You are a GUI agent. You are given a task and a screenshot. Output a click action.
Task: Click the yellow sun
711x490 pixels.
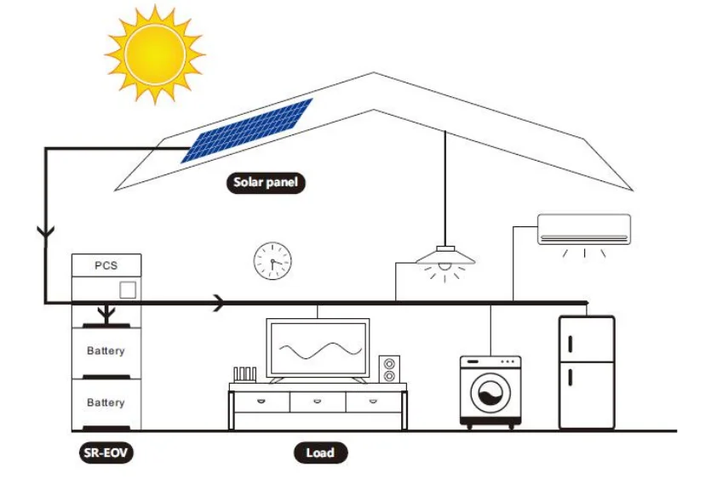point(155,54)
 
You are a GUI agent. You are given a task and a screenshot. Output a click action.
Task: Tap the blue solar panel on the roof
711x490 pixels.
point(247,130)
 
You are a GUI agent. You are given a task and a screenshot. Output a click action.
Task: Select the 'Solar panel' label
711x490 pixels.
point(267,182)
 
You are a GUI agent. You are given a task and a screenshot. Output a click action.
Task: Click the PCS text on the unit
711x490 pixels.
point(106,265)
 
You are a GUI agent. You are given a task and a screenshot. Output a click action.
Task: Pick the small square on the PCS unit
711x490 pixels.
point(128,289)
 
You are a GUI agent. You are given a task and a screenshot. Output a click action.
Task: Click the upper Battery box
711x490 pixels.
point(106,350)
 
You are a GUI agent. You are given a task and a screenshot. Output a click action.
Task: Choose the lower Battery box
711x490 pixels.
point(106,402)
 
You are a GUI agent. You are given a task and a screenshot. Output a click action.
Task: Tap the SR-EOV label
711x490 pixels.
point(99,453)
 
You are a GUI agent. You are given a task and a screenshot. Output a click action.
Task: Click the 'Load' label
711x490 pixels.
point(320,453)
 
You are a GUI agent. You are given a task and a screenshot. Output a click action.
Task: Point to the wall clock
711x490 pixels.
point(272,260)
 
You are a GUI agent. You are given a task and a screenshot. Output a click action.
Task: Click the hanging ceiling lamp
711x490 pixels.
point(445,257)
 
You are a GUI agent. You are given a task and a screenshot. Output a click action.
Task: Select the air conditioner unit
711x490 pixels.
point(584,229)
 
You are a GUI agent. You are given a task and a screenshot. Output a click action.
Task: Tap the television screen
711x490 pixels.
point(318,348)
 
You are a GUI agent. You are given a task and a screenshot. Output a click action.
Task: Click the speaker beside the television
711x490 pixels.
point(389,369)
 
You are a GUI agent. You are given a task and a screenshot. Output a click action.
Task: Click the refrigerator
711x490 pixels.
point(586,372)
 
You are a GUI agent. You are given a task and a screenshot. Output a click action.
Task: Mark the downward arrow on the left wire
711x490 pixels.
point(44,231)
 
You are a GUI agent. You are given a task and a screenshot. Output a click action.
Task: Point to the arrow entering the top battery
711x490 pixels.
point(106,315)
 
